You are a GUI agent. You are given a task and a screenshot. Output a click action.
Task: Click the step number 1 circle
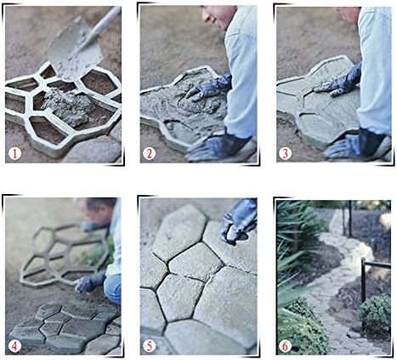(x=14, y=154)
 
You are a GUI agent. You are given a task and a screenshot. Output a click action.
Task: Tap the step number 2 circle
(x=149, y=153)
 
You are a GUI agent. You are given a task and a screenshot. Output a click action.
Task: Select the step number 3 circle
(x=285, y=153)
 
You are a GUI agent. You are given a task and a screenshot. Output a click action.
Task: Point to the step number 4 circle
(x=14, y=346)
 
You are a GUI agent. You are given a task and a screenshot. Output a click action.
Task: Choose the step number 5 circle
(x=150, y=346)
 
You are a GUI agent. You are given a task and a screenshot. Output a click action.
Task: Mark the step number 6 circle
(x=285, y=346)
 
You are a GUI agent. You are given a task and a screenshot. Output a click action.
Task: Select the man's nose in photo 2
(x=206, y=16)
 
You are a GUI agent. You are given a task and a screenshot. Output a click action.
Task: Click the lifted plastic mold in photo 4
(x=65, y=255)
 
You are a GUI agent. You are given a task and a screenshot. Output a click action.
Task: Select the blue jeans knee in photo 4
(x=113, y=289)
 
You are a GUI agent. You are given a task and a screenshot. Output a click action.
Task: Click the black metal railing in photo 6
(x=375, y=280)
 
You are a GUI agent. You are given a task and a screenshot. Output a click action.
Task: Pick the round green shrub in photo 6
(x=375, y=313)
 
